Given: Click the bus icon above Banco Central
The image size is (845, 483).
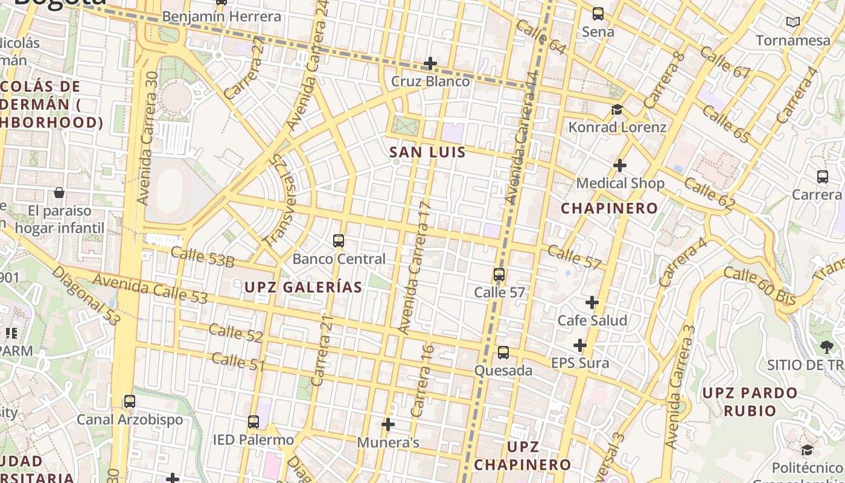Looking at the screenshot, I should (339, 241).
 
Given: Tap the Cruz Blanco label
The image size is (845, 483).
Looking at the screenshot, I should (430, 81).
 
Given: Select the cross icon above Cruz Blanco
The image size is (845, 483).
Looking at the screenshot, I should (430, 63).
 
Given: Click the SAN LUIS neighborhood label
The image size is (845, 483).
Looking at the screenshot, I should (427, 152).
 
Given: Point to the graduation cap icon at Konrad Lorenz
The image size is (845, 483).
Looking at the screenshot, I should (617, 109).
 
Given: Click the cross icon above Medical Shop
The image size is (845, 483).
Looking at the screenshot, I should (620, 165).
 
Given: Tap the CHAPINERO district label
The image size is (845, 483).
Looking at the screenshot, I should (610, 208).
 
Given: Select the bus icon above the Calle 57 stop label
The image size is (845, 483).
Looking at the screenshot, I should (499, 275).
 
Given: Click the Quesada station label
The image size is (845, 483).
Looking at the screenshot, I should (503, 370).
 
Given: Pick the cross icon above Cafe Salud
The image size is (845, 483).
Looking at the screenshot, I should (592, 302).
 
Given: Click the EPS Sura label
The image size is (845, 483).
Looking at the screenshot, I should (580, 363).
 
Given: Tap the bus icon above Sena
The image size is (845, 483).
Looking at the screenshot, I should (598, 13).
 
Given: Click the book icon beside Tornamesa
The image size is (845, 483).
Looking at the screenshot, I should (793, 22).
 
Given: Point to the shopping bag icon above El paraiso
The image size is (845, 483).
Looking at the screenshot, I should (59, 193).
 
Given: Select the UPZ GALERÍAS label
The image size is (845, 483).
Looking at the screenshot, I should (303, 287).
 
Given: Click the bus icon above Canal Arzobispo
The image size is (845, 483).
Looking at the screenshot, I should (130, 401).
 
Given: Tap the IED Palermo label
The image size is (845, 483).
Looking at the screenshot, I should (253, 440).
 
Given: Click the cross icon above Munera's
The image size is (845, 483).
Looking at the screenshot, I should (388, 424).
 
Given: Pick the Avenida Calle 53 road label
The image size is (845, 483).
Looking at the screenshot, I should (150, 289).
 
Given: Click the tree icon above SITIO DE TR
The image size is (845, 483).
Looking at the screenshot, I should (826, 347).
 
